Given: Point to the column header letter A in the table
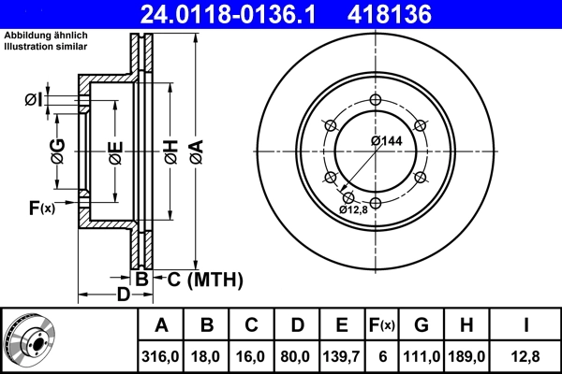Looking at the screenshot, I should point(161,325).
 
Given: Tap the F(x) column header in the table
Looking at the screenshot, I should point(381,325).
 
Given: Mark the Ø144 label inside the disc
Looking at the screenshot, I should point(385,140).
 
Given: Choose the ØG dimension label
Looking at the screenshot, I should point(58,151).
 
